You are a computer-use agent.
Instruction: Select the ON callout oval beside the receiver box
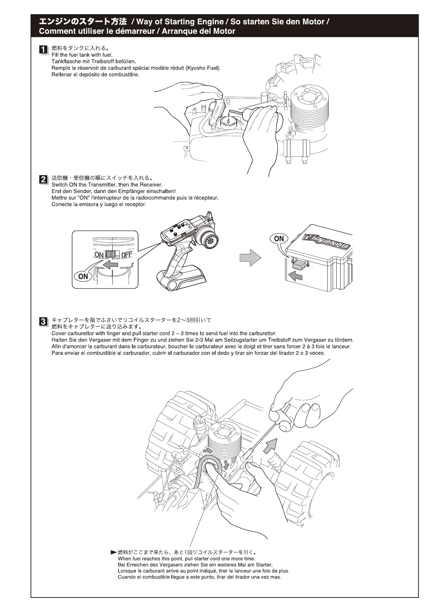point(279,239)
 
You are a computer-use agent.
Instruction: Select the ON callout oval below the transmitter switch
point(83,276)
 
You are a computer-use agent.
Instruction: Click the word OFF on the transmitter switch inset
point(127,255)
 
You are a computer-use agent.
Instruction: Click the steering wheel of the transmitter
point(211,240)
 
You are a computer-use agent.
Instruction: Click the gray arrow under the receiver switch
point(295,277)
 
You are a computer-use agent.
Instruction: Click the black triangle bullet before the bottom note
point(113,552)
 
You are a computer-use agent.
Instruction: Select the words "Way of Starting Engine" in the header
point(180,22)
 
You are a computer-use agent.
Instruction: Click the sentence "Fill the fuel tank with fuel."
point(82,55)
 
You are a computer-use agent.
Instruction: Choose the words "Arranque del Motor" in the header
point(198,31)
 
